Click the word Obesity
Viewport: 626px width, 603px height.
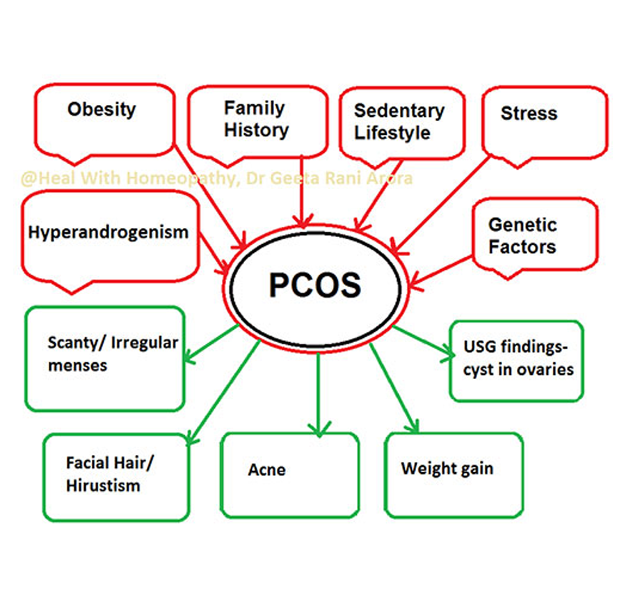coord(102,109)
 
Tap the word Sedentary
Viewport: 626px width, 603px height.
coord(399,111)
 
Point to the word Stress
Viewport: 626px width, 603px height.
coord(529,113)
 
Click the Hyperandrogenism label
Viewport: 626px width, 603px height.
coord(109,232)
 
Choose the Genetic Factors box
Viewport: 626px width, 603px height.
coord(523,236)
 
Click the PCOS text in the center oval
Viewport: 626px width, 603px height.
coord(315,285)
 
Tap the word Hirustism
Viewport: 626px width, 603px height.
coord(103,485)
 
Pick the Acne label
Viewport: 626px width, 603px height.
coord(266,470)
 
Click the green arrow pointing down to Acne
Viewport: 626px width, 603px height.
coord(318,393)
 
